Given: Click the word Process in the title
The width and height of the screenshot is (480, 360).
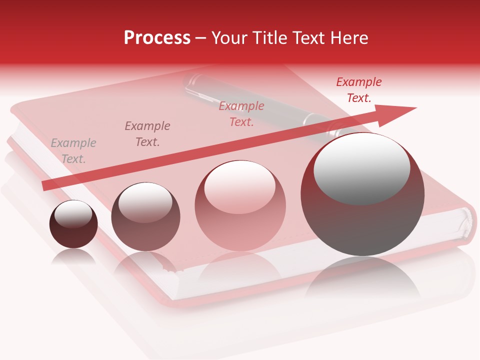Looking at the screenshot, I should point(157,38).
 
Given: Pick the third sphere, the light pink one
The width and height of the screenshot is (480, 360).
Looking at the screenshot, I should point(240,206).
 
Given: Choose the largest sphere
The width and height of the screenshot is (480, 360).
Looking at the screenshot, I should point(362,195).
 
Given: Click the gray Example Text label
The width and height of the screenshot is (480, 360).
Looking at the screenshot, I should point(73,151).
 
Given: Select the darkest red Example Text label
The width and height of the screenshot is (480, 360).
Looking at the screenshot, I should point(358,90).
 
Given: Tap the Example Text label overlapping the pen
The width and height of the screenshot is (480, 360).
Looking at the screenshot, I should point(241,114).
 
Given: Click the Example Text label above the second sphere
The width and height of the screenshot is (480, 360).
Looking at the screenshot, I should point(147,134).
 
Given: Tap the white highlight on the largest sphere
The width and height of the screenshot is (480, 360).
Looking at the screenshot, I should point(361,167).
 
